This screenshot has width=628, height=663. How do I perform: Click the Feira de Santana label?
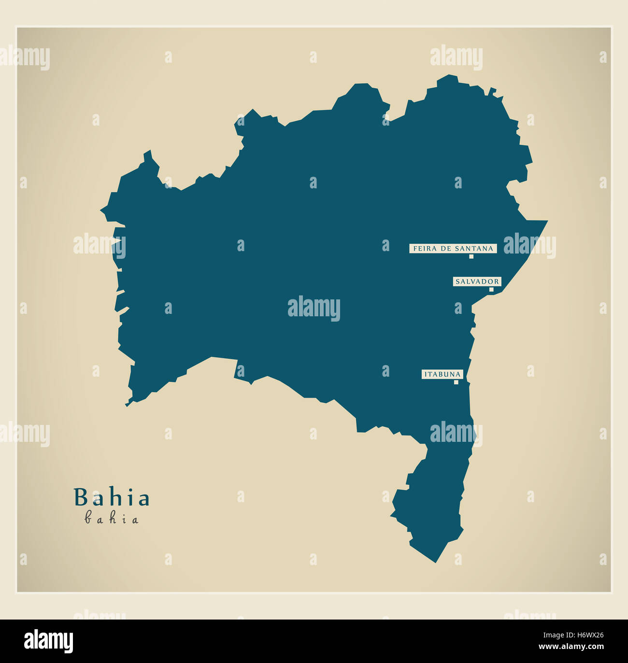[x=453, y=249]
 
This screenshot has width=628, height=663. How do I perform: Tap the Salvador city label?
[x=477, y=282]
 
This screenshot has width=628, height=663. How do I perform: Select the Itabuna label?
[x=442, y=374]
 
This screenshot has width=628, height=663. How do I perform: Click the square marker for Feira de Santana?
[x=471, y=256]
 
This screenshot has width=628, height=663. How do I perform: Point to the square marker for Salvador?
[x=491, y=290]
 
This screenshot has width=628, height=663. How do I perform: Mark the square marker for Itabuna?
[x=456, y=382]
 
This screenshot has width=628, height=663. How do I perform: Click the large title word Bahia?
[x=112, y=498]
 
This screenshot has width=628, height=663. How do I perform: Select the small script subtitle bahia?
[x=112, y=519]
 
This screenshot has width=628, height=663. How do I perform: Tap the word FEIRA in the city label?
[x=423, y=249]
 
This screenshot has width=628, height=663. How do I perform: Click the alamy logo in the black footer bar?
[x=48, y=641]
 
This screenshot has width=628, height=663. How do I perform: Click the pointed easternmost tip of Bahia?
[x=547, y=221]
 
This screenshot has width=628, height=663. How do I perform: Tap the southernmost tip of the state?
[x=436, y=562]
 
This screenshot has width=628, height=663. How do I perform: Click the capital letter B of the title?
[x=80, y=498]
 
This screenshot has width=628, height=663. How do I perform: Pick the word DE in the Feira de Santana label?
[x=443, y=249]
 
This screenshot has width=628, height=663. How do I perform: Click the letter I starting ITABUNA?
[x=425, y=374]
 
